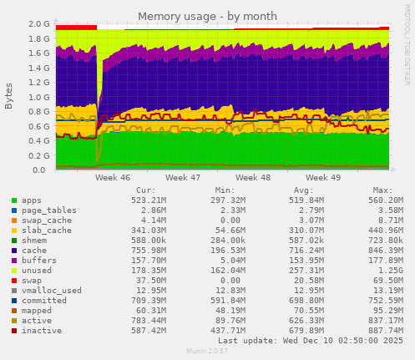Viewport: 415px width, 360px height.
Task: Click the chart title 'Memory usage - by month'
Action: click(x=207, y=16)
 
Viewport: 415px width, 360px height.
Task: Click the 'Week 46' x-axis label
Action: click(x=113, y=178)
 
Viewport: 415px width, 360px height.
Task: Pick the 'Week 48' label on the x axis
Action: click(x=253, y=178)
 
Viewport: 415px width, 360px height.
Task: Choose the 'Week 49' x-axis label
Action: click(x=323, y=178)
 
